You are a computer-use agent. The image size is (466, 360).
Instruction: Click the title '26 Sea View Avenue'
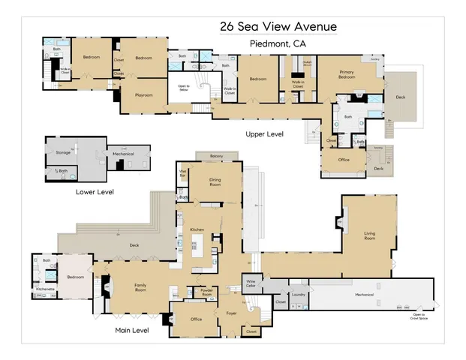pyautogui.click(x=278, y=26)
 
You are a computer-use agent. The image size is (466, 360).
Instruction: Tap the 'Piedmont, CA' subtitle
pyautogui.click(x=278, y=44)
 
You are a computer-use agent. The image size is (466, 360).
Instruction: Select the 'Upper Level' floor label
pyautogui.click(x=264, y=134)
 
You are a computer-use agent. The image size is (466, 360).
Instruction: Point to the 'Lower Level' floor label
pyautogui.click(x=95, y=192)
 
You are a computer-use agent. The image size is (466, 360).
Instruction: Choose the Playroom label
pyautogui.click(x=144, y=96)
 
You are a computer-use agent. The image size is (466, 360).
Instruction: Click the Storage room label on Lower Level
pyautogui.click(x=63, y=151)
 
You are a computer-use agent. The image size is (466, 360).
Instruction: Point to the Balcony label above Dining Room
pyautogui.click(x=217, y=156)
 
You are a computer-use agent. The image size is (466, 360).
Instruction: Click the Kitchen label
pyautogui.click(x=197, y=228)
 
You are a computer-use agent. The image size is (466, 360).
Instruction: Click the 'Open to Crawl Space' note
pyautogui.click(x=419, y=315)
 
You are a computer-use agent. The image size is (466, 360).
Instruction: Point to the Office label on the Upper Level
pyautogui.click(x=344, y=160)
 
